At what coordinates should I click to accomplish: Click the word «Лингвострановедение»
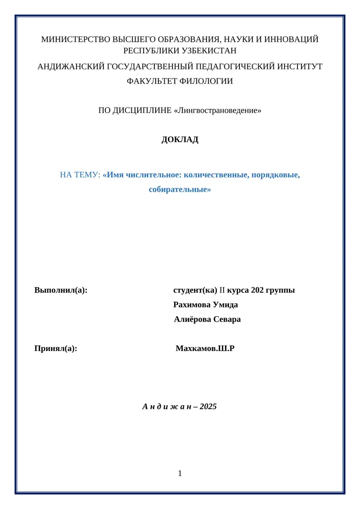(217, 110)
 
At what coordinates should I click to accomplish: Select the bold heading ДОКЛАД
(180, 140)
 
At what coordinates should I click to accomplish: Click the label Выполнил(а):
(61, 290)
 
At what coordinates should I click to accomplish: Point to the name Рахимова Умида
(206, 305)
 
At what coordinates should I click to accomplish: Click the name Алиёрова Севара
(207, 320)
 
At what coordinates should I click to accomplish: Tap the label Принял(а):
(56, 348)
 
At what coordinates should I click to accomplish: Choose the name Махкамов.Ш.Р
(205, 348)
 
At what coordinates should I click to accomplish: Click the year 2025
(209, 407)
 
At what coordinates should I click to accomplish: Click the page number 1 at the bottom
(180, 473)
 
